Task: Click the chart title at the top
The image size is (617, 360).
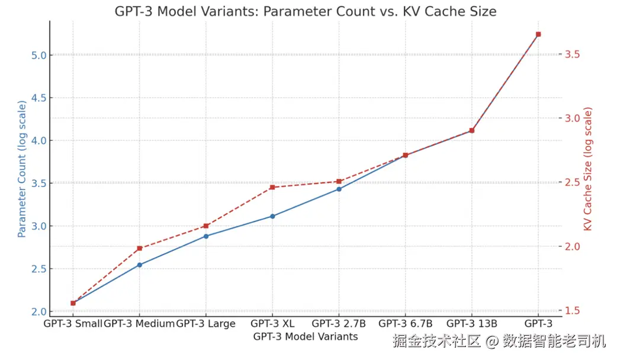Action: pyautogui.click(x=305, y=11)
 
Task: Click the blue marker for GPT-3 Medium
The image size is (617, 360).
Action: pyautogui.click(x=139, y=265)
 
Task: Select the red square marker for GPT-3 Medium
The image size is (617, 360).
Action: pyautogui.click(x=139, y=248)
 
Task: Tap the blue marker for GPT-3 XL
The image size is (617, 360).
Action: pyautogui.click(x=272, y=216)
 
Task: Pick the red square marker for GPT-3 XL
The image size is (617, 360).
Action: pyautogui.click(x=272, y=187)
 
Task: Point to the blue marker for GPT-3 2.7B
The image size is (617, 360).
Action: pyautogui.click(x=339, y=189)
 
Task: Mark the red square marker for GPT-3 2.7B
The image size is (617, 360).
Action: pyautogui.click(x=339, y=181)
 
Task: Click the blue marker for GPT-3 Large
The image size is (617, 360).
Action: pyautogui.click(x=206, y=236)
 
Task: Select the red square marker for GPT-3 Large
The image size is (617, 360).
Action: pyautogui.click(x=206, y=226)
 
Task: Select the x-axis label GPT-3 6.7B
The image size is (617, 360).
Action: pyautogui.click(x=406, y=324)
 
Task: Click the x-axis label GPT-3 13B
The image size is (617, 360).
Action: pyautogui.click(x=472, y=324)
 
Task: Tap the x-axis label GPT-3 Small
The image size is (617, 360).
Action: pyautogui.click(x=73, y=324)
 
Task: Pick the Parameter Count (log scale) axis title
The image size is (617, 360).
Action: pyautogui.click(x=22, y=169)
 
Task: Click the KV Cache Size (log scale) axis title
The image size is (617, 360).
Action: pyautogui.click(x=588, y=169)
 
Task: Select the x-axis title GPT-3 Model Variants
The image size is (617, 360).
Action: pyautogui.click(x=306, y=336)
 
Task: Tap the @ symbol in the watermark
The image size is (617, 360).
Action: pyautogui.click(x=493, y=342)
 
